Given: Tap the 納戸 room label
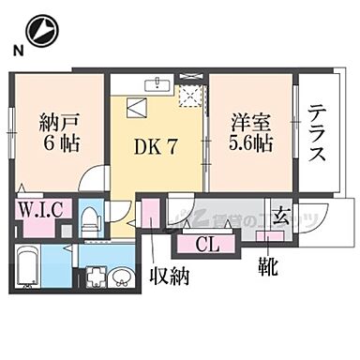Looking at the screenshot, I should click(57, 122).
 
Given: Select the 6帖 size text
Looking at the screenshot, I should click(58, 145).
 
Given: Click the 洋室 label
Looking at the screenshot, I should click(250, 122).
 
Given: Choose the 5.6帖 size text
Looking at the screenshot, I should click(250, 145).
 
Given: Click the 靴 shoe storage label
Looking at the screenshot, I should click(268, 268).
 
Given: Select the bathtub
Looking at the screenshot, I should click(29, 268).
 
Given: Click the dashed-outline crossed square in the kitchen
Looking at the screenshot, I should click(193, 92).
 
